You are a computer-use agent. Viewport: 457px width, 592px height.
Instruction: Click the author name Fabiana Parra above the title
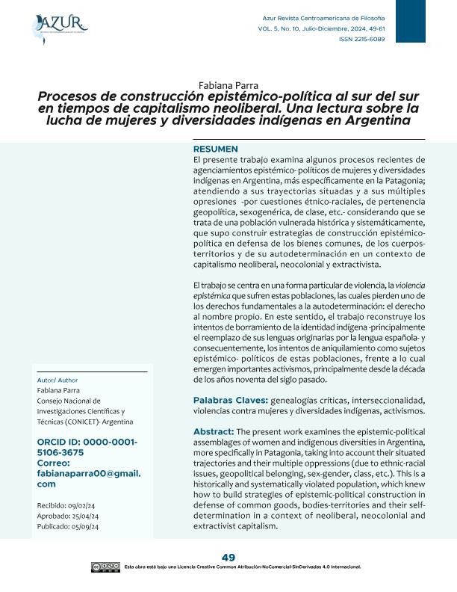pyautogui.click(x=228, y=84)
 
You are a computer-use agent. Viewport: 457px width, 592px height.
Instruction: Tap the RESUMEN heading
pyautogui.click(x=215, y=149)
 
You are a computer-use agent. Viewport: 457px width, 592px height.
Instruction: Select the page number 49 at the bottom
pyautogui.click(x=228, y=558)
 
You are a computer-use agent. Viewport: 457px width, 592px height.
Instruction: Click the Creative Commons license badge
pyautogui.click(x=106, y=567)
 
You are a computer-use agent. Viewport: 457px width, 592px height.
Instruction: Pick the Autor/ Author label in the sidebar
pyautogui.click(x=57, y=380)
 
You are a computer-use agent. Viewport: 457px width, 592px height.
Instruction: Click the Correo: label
pyautogui.click(x=57, y=463)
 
